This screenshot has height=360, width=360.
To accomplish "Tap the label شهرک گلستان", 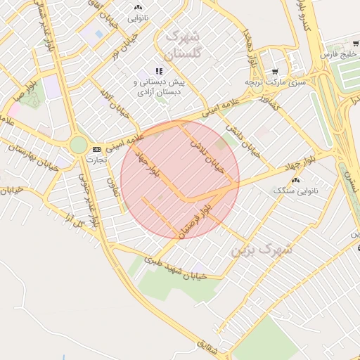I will (182, 44).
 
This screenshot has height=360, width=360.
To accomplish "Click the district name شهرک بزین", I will (262, 248).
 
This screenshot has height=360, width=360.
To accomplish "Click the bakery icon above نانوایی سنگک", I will (294, 180).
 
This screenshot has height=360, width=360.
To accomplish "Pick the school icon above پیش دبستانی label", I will (160, 70).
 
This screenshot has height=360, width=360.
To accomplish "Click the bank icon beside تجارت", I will (96, 149).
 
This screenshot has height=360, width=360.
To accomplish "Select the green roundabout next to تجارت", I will (78, 146).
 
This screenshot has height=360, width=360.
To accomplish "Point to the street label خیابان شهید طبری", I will (175, 268).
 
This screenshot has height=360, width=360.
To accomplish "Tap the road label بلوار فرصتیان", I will (195, 219).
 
